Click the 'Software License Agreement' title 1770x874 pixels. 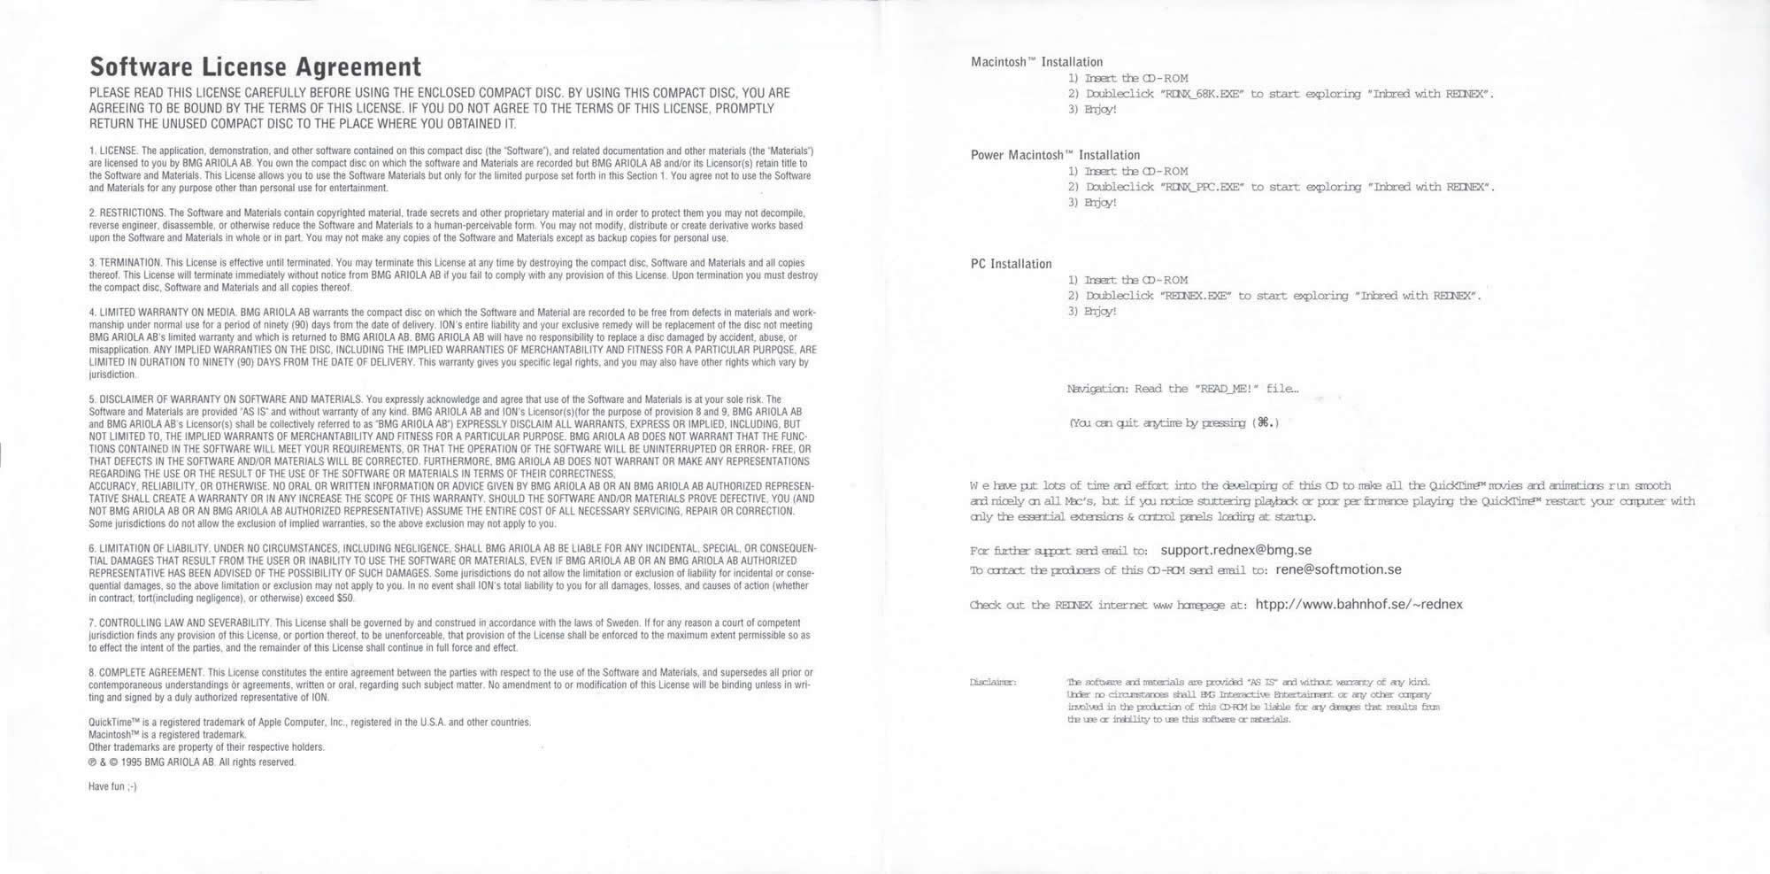pos(255,67)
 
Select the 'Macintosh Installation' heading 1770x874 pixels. pos(1036,62)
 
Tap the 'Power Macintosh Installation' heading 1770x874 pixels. pos(1055,155)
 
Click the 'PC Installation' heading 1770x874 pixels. pos(1011,264)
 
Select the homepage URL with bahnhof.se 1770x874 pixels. pos(1358,605)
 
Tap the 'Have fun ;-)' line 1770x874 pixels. pos(112,786)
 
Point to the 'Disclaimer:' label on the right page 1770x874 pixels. pos(993,682)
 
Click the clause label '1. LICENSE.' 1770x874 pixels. pos(113,151)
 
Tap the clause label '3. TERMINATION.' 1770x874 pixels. pos(125,262)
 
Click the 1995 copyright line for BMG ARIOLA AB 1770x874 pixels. pos(192,762)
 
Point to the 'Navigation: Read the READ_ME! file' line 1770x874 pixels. pos(1182,389)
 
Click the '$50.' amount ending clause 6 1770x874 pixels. pos(345,598)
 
